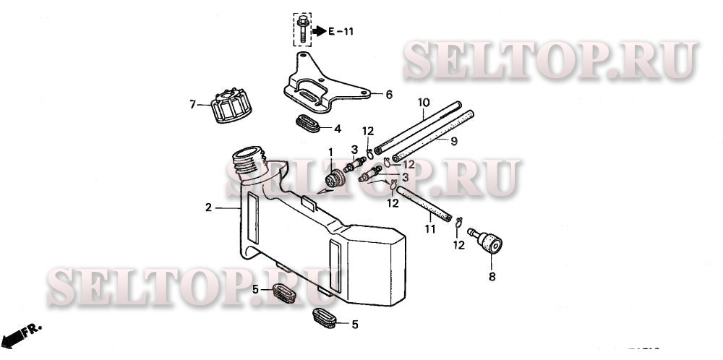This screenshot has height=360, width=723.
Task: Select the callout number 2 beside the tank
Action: click(208, 207)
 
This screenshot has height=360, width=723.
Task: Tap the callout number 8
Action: click(492, 276)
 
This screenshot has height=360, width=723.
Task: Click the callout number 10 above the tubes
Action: click(424, 103)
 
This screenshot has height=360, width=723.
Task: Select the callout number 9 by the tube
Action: click(454, 142)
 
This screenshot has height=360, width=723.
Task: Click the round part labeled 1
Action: click(333, 178)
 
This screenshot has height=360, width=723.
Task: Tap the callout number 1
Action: click(331, 153)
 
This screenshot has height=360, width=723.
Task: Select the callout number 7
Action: click(193, 105)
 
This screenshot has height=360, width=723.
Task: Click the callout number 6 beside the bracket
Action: click(388, 95)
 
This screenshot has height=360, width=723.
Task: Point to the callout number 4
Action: click(338, 129)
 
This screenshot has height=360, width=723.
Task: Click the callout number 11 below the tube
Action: click(430, 230)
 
